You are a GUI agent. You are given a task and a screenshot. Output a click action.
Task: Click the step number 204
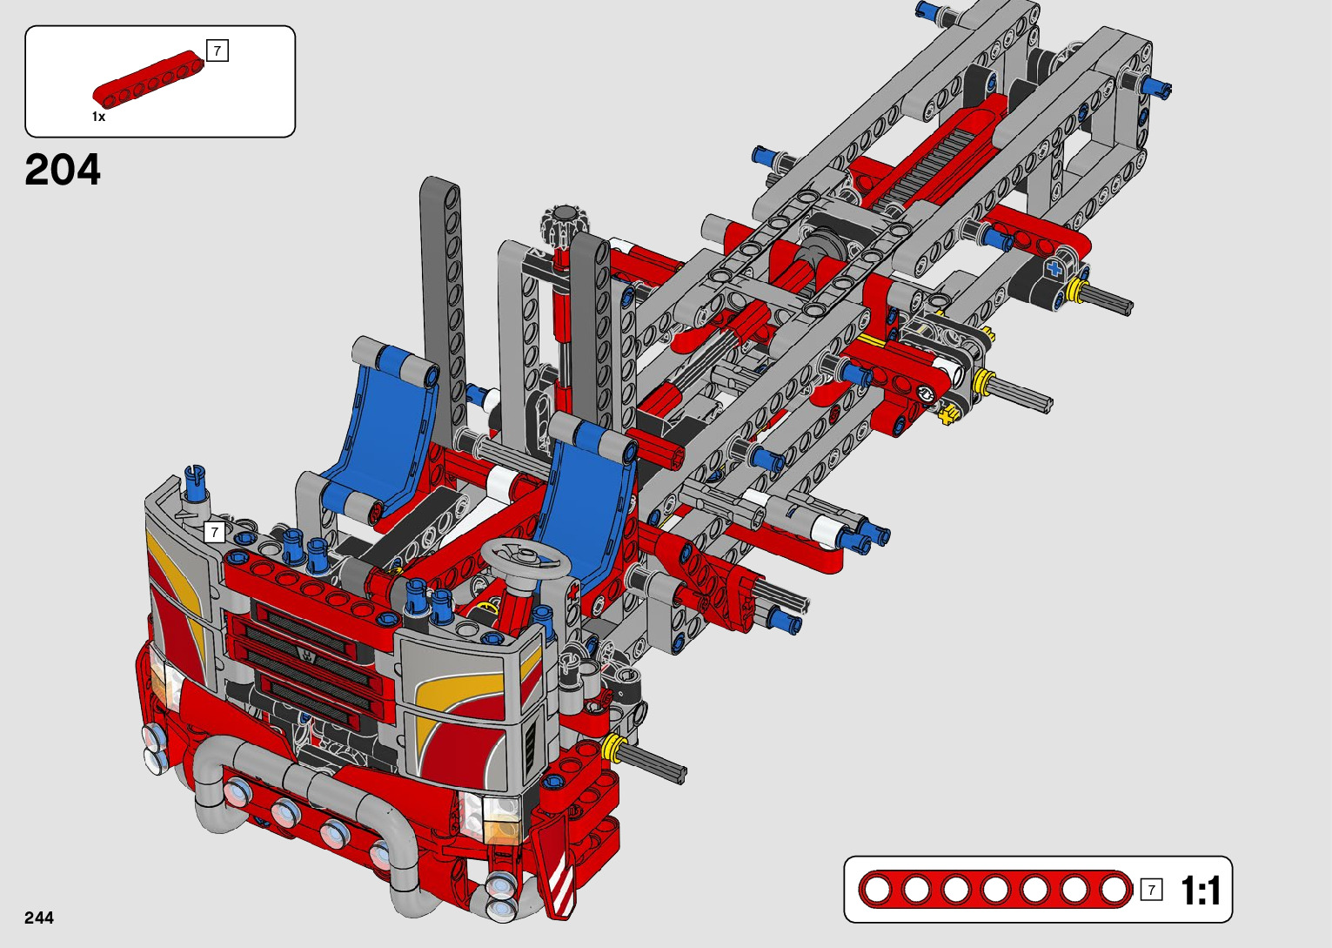point(63,171)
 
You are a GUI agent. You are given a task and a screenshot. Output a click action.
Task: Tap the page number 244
point(38,918)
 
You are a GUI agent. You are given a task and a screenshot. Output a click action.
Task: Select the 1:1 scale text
point(1201,891)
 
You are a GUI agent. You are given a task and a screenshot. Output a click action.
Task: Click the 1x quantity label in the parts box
point(98,118)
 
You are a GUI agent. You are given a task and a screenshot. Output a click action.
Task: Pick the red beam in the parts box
point(149,80)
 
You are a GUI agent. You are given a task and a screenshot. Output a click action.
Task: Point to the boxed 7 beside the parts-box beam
point(217,50)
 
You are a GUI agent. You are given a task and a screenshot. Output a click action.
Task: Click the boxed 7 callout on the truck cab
point(214,531)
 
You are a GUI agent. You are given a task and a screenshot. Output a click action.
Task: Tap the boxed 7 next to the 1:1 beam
point(1151,890)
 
